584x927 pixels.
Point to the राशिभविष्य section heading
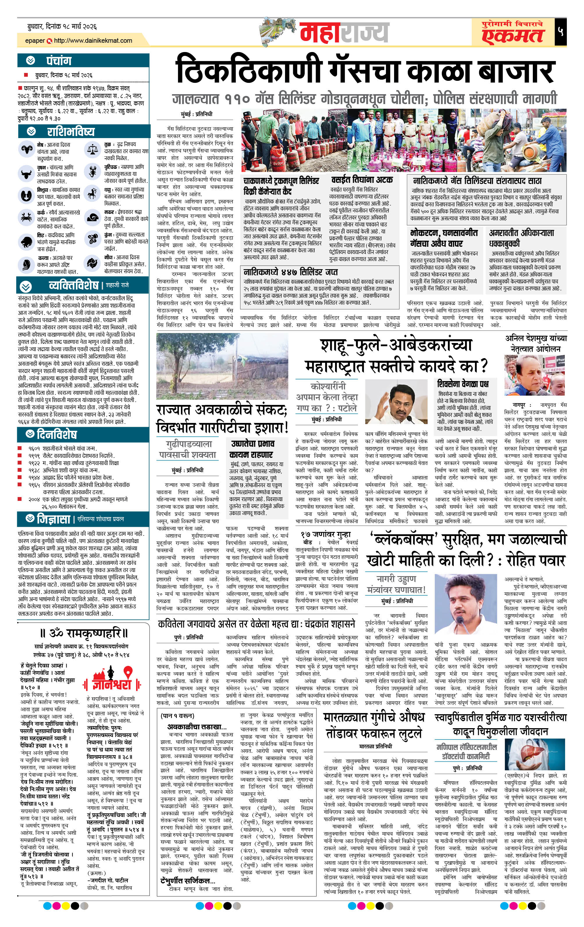point(70,132)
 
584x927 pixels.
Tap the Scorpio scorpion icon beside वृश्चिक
point(92,172)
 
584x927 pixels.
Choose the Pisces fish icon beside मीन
point(92,263)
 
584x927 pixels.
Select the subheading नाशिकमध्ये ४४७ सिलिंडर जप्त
point(291,272)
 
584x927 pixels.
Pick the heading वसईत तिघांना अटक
point(362,180)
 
